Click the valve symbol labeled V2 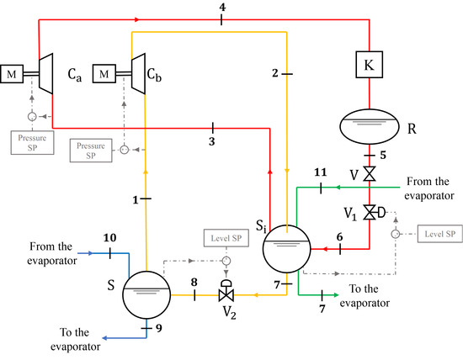(226, 295)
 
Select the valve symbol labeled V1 (370, 211)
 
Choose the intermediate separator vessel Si (287, 247)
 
